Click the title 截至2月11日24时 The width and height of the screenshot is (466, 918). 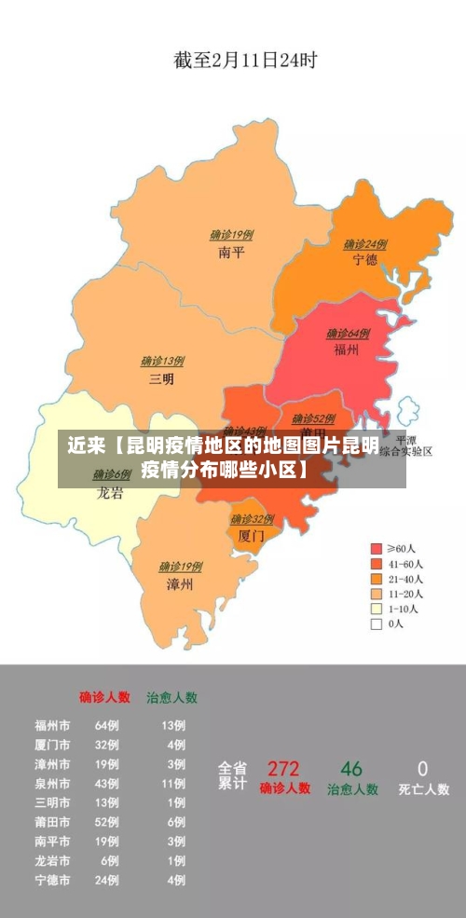245,61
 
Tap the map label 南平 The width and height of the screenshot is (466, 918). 231,252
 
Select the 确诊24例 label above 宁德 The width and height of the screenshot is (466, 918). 364,244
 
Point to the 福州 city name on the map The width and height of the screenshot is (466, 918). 347,350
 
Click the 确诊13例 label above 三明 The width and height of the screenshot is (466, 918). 162,362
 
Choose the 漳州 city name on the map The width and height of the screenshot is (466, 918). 179,584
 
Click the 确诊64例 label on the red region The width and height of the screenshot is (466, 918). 348,334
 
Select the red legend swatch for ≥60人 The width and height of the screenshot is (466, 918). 377,549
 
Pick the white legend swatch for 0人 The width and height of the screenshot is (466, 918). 377,623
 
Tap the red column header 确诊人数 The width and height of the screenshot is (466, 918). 104,697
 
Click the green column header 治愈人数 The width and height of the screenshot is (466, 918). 171,697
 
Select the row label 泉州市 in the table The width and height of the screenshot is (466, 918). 52,784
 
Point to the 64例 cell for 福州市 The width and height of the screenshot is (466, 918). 106,725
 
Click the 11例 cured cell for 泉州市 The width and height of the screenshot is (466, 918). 173,784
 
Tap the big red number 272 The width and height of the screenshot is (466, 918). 283,769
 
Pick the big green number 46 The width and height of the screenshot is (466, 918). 351,769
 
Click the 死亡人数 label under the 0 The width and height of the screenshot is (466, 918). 423,789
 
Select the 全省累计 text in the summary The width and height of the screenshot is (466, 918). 232,776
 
